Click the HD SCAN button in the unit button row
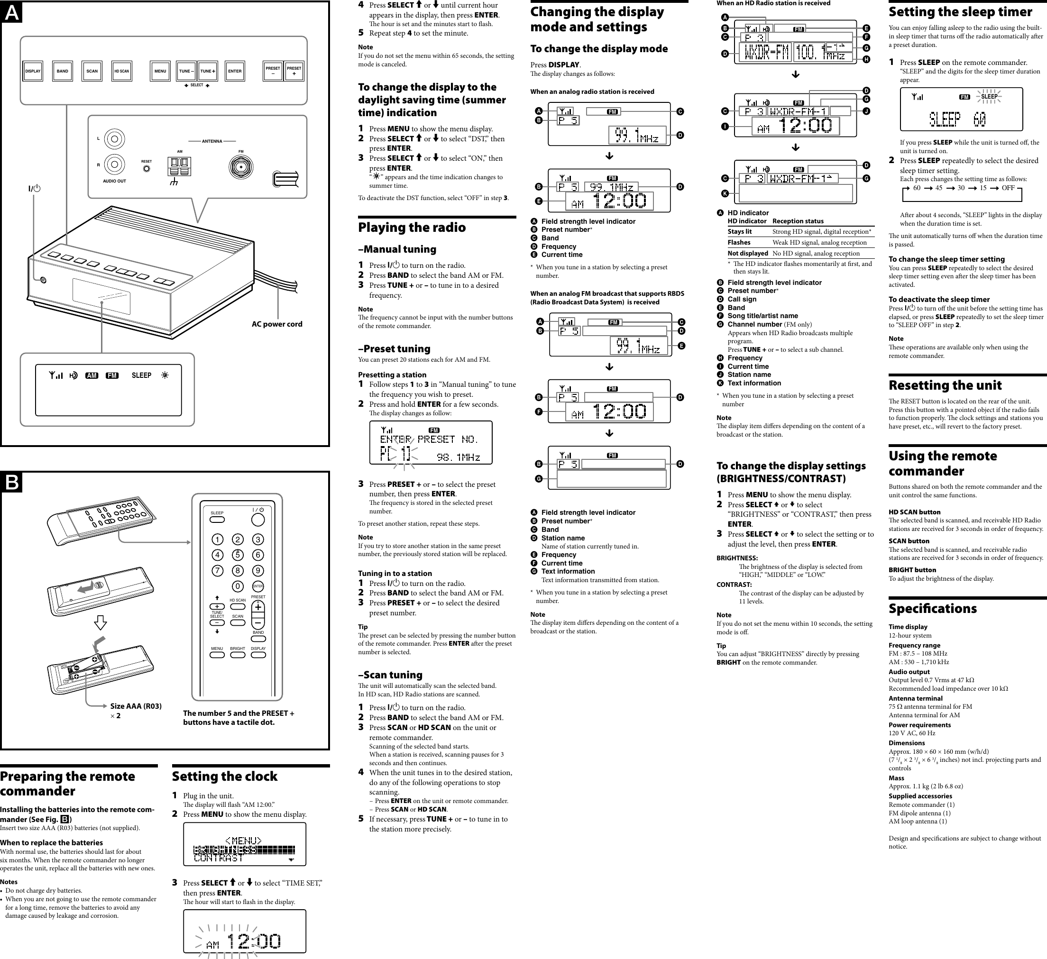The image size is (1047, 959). (121, 71)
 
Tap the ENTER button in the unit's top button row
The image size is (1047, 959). (235, 71)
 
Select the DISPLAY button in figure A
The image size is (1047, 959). (33, 71)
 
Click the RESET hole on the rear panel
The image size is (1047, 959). (147, 169)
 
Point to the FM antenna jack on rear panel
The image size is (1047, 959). (240, 167)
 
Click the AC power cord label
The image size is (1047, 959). (277, 324)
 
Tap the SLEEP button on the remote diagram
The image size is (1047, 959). (217, 519)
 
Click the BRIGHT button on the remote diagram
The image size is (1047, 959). (238, 655)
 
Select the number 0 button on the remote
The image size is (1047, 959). (238, 586)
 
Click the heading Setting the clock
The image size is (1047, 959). (224, 776)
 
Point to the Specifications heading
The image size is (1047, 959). (932, 609)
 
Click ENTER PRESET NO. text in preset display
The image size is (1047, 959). (429, 440)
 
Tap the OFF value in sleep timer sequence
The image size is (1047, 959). (1008, 188)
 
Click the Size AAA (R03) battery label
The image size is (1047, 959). (136, 706)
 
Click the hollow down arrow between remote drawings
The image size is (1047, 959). (101, 622)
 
